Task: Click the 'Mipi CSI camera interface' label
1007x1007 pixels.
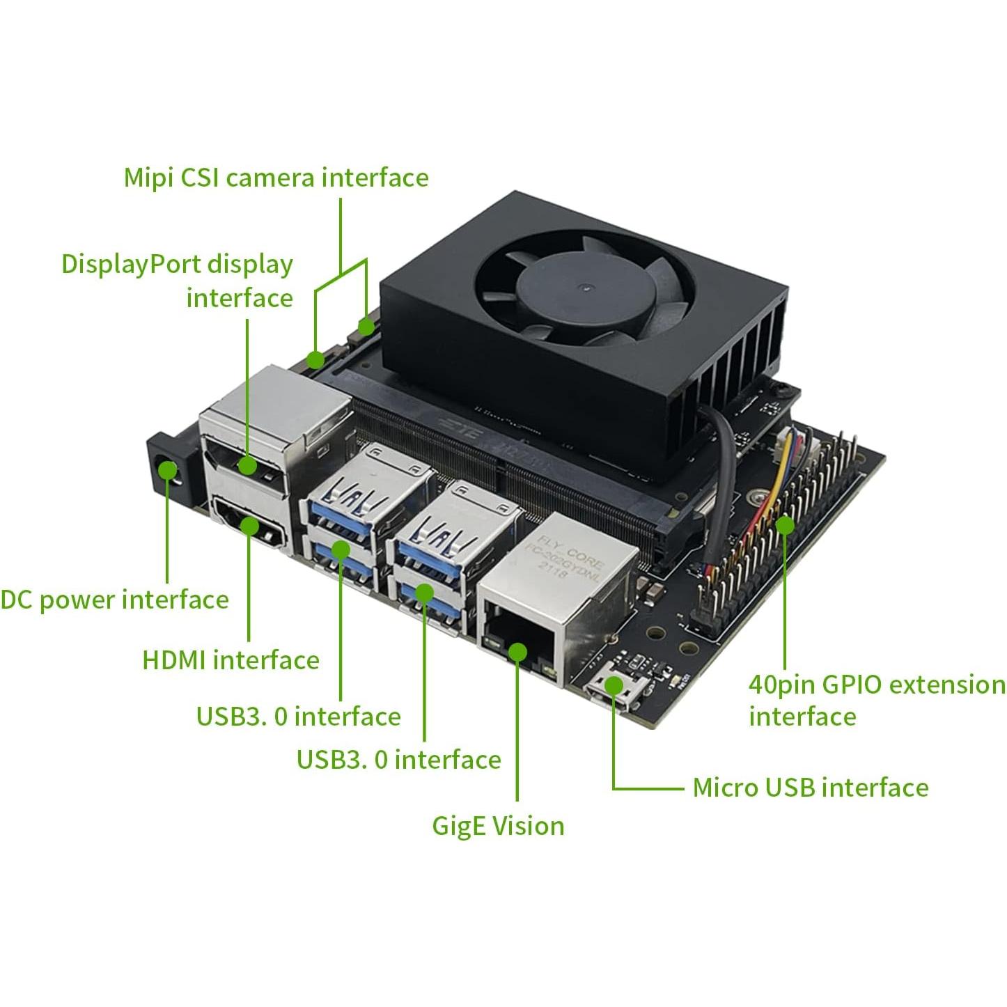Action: tap(276, 178)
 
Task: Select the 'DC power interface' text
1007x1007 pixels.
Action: tap(115, 600)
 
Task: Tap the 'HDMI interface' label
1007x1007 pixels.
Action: tap(231, 659)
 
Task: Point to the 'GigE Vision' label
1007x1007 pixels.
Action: tap(498, 826)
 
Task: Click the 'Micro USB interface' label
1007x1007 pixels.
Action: tap(811, 788)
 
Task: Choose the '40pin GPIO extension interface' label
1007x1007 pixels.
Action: tap(876, 700)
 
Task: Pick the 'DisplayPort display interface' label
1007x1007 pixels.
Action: tap(178, 281)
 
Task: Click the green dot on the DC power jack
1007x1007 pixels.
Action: tap(167, 471)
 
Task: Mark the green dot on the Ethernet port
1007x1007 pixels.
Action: tap(517, 652)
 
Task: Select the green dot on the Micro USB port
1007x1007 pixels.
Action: tap(613, 685)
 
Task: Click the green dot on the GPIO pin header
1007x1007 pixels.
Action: tap(785, 525)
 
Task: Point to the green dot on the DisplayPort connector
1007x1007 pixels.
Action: tap(247, 465)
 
